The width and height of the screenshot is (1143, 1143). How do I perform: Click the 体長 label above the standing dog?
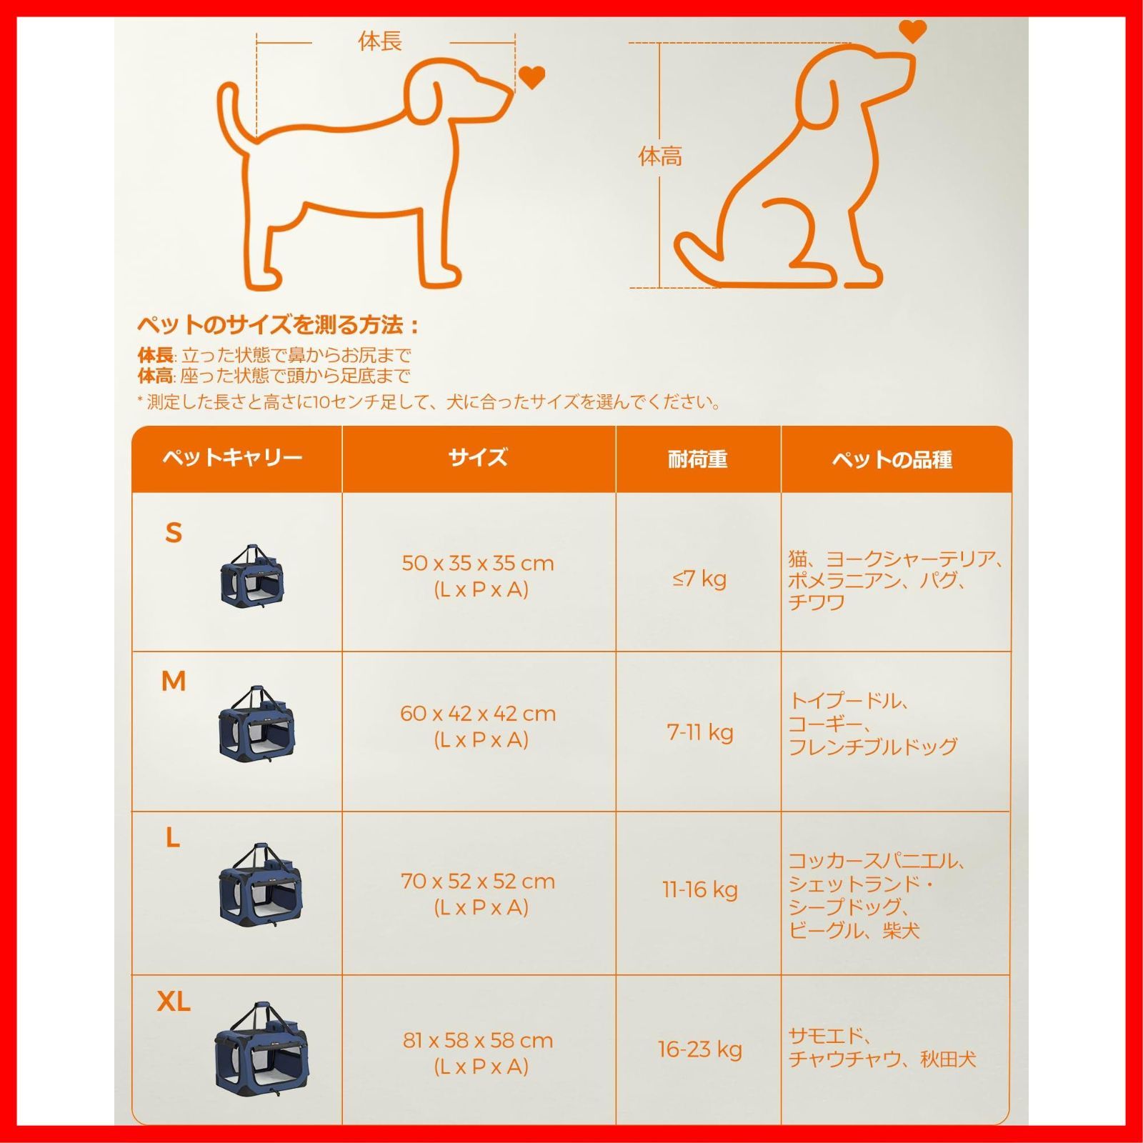click(379, 41)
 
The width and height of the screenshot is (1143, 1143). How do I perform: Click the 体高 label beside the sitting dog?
click(660, 156)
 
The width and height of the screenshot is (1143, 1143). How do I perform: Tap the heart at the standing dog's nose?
click(531, 76)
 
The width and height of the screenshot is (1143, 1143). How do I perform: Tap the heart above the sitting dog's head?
click(912, 31)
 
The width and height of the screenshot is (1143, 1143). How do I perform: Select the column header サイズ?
click(478, 458)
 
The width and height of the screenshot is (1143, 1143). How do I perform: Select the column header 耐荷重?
click(697, 459)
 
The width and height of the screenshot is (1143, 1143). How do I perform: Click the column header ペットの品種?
click(892, 459)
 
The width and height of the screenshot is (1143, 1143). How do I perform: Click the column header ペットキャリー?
click(232, 457)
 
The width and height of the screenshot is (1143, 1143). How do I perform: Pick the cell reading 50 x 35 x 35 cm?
click(478, 563)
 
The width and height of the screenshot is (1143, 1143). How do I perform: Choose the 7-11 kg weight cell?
click(700, 732)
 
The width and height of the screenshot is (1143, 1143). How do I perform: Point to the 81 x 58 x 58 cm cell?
click(478, 1040)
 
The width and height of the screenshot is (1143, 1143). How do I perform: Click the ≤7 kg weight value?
click(699, 579)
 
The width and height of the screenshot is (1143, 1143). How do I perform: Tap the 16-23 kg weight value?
click(700, 1049)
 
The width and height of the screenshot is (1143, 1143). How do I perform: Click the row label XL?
click(174, 1002)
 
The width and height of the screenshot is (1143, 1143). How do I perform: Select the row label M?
click(174, 682)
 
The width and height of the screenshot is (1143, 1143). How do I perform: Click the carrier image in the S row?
click(251, 576)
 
